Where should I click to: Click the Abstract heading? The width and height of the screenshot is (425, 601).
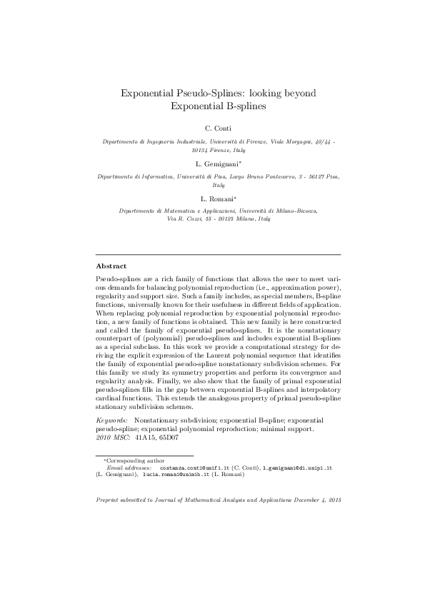click(111, 266)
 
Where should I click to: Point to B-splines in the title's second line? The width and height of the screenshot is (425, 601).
click(242, 106)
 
